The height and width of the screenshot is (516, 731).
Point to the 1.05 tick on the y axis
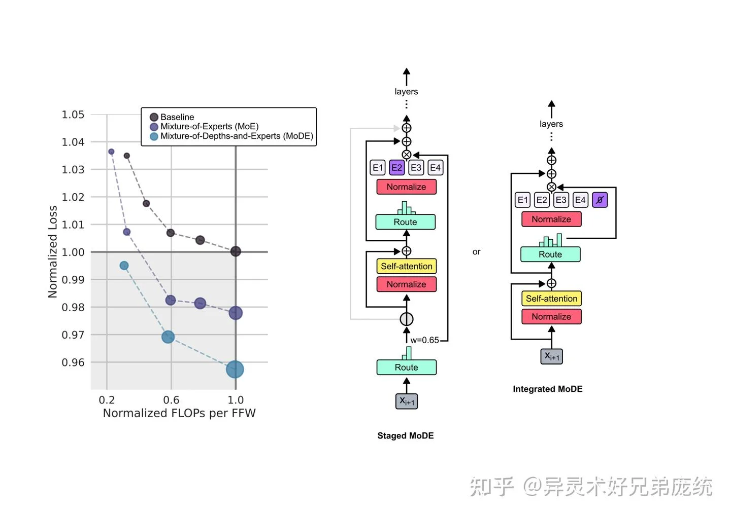coord(73,115)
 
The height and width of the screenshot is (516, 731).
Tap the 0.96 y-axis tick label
coord(73,362)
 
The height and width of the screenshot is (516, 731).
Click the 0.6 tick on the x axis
coord(171,400)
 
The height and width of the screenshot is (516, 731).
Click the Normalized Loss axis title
coord(53,251)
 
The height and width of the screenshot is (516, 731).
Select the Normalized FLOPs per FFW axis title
coord(179,413)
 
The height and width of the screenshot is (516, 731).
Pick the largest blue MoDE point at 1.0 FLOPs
coord(235,370)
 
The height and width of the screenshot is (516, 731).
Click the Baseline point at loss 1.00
coord(236,251)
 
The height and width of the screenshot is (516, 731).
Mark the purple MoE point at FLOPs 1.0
coord(236,313)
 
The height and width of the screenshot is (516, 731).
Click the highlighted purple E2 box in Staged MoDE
coord(396,168)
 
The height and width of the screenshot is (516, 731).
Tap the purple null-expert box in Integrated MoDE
coord(600,200)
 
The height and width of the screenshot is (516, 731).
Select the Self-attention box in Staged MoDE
coord(407,266)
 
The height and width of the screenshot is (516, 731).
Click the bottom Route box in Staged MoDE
coord(407,367)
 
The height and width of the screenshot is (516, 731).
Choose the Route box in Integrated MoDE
coord(550,254)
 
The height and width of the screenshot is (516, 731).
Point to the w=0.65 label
coord(424,340)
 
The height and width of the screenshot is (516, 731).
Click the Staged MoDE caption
coord(406,436)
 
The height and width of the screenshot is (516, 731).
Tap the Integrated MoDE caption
coord(548,389)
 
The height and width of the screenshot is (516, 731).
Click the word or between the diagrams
coord(476,252)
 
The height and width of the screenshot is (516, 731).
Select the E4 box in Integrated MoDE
coord(580,200)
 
